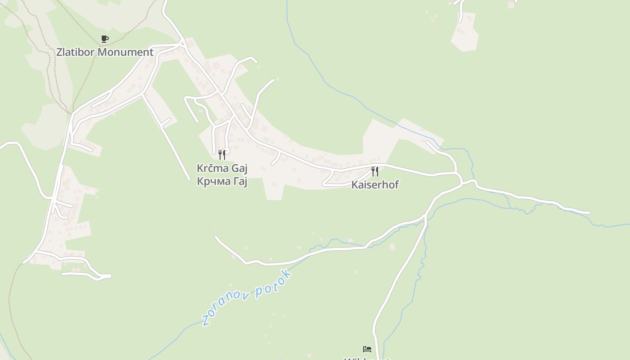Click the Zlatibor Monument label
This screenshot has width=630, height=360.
[x=105, y=52]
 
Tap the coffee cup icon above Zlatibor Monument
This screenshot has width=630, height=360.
[x=105, y=39]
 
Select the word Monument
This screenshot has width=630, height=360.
[x=126, y=52]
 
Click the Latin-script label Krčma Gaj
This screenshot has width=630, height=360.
[x=222, y=168]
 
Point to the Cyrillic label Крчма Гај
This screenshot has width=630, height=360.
[x=222, y=181]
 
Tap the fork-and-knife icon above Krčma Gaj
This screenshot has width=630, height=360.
[x=222, y=155]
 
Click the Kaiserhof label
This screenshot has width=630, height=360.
[x=375, y=184]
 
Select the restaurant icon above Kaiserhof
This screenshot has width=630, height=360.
[x=375, y=171]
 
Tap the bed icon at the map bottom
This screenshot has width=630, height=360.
[x=367, y=349]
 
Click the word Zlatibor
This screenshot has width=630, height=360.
[x=76, y=52]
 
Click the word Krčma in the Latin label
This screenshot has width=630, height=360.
[x=213, y=168]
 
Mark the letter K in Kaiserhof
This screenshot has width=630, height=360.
[x=355, y=184]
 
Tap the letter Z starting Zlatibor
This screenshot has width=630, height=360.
[x=59, y=52]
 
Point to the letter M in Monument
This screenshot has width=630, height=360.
[x=102, y=52]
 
